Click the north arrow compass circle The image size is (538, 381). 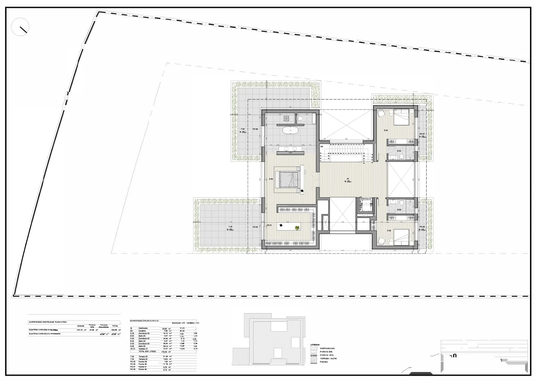pos(20,27)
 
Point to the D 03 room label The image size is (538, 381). pos(389,230)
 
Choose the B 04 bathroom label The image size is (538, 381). pos(399,151)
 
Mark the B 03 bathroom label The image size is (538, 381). pos(399,210)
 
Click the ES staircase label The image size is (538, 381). pos(322,147)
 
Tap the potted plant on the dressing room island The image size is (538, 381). pos(297,228)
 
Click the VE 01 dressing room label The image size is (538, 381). pos(269,225)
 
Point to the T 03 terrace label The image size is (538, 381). pos(230,227)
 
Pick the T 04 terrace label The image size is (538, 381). pos(242,138)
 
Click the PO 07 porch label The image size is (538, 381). pos(422,134)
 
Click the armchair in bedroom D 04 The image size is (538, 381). pos(381,113)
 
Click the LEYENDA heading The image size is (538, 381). pos(315,345)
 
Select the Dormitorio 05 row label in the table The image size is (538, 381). pos(144,344)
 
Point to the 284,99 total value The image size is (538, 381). pos(115,330)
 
